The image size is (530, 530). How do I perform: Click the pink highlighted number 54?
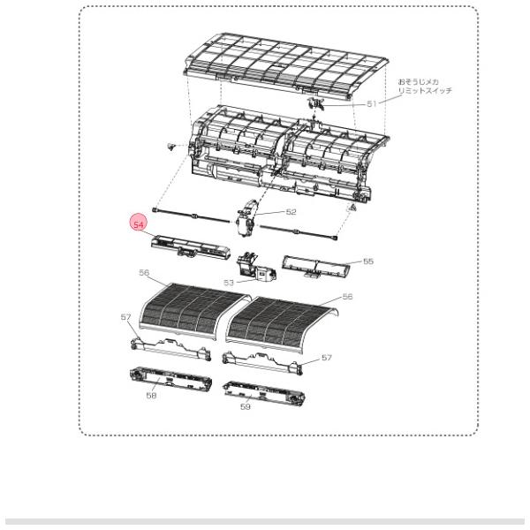[x=139, y=224]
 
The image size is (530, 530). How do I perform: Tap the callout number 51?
[x=372, y=103]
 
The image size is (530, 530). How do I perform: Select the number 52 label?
[x=291, y=212]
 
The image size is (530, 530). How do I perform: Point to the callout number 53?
[x=229, y=283]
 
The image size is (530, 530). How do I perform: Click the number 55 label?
[x=368, y=261]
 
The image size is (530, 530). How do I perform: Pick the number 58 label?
[x=151, y=395]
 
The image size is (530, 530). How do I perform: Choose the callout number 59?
[x=246, y=406]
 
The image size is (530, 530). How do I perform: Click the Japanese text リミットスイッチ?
[x=425, y=91]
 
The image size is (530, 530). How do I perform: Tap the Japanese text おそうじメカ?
[x=419, y=82]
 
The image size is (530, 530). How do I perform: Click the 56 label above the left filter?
[x=144, y=272]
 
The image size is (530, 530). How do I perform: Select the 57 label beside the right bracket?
[x=327, y=358]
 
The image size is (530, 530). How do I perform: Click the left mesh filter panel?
[x=194, y=311]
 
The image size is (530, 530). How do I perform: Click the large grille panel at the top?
[x=285, y=66]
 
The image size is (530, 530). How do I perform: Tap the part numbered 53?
[x=256, y=267]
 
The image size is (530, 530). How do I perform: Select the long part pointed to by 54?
[x=190, y=247]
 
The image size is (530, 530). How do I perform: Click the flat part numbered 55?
[x=315, y=267]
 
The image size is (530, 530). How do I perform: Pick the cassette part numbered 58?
[x=170, y=379]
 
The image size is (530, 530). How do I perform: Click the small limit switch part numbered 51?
[x=315, y=103]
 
